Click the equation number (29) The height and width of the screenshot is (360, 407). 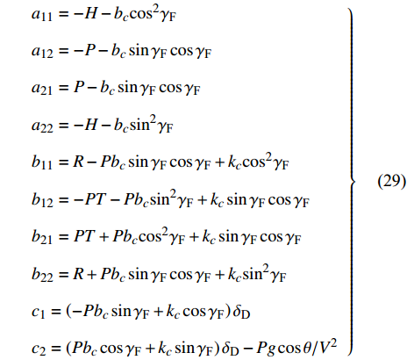pos(391,182)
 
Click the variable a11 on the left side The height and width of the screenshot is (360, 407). pos(42,15)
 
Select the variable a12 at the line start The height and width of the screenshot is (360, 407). pos(42,52)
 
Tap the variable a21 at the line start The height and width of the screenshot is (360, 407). pos(42,89)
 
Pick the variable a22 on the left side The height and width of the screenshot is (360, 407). pos(42,126)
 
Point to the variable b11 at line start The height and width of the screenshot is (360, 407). pos(42,162)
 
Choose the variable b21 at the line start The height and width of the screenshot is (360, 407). pos(42,236)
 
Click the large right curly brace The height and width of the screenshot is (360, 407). pos(352,182)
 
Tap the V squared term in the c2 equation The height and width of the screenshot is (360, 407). pos(327,346)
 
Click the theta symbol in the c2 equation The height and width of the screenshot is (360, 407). pos(307,348)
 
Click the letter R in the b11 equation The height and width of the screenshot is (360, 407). pos(79,162)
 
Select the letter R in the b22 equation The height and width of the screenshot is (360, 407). pos(79,273)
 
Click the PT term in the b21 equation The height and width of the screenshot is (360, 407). pos(84,236)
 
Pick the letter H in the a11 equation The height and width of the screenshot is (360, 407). pos(91,14)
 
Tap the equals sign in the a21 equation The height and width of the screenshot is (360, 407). pos(63,88)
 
